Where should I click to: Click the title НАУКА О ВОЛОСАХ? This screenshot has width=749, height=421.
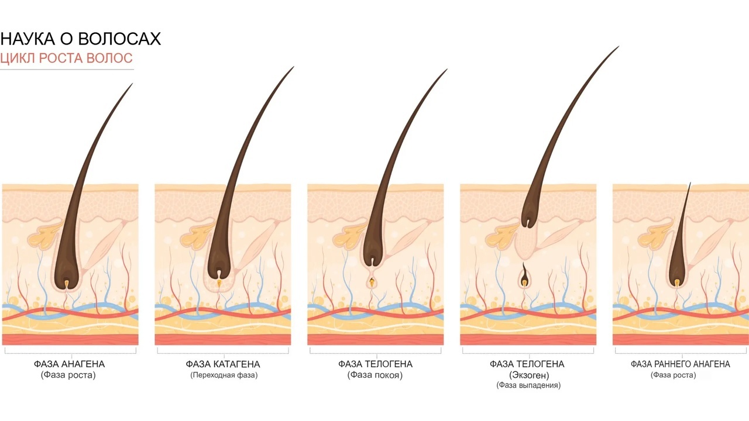coord(81,39)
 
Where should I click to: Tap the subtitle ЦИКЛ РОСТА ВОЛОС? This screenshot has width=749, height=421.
coord(67,58)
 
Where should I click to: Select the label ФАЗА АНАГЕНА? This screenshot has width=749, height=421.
coord(69,364)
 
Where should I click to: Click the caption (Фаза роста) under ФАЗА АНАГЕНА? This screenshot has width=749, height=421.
coord(68,375)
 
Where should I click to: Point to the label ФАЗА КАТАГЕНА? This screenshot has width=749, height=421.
coord(223,364)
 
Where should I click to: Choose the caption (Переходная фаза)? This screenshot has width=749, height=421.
coord(224,375)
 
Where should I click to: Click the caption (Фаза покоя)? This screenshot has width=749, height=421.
coord(375,375)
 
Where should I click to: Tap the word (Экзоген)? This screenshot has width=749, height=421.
coord(530,375)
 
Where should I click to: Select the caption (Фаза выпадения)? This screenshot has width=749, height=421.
coord(528,385)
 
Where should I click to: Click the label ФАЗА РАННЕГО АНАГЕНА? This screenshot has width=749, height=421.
coord(681,364)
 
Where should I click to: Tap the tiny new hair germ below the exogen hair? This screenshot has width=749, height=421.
coord(524,275)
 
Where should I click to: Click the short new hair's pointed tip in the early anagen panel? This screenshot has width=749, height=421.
coord(690,184)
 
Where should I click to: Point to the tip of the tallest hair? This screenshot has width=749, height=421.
coord(619,46)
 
